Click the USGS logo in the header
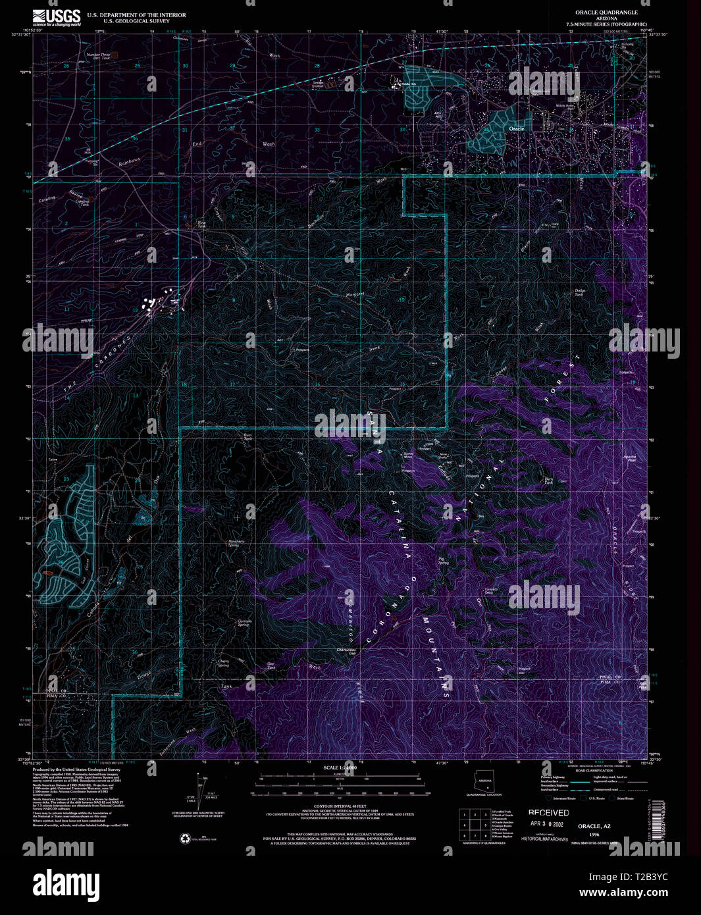click(57, 17)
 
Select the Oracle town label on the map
click(517, 129)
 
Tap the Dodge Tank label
click(580, 292)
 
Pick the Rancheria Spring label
click(237, 544)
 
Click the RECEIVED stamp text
click(548, 813)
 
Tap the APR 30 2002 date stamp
click(546, 823)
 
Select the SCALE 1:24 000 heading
click(340, 768)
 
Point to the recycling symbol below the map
click(185, 838)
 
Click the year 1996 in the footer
click(594, 834)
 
